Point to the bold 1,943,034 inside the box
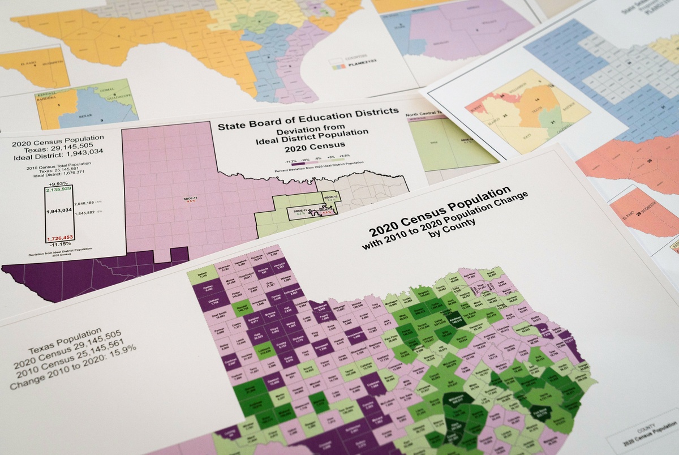pos(59,211)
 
